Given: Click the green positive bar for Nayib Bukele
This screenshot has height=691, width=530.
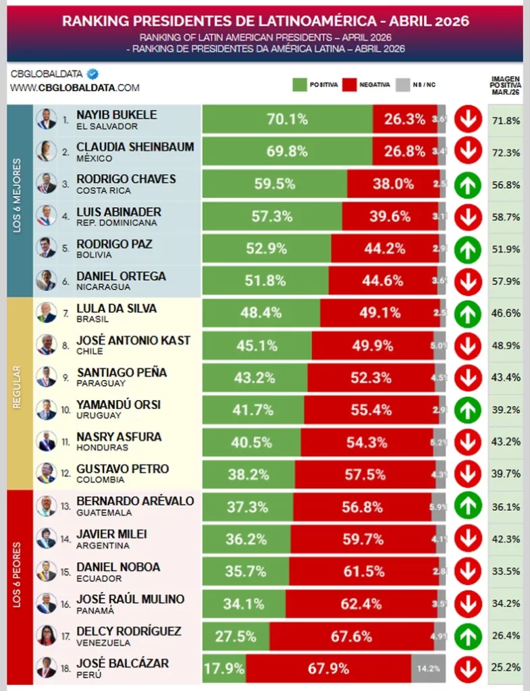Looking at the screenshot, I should [x=287, y=119].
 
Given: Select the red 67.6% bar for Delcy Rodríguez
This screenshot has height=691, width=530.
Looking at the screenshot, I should [x=351, y=636].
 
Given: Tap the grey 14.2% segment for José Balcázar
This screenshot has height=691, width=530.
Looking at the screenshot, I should [x=428, y=669].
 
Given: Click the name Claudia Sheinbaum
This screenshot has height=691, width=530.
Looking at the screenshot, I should [x=135, y=146].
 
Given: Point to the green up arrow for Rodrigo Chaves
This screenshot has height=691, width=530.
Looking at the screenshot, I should [x=468, y=184].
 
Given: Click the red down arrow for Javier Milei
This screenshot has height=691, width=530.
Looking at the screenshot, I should [x=468, y=539].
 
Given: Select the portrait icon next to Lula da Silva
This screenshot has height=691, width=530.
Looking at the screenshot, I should [x=47, y=313].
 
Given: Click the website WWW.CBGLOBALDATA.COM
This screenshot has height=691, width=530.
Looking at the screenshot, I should [x=75, y=88].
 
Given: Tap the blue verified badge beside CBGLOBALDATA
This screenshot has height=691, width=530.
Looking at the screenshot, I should [x=94, y=74].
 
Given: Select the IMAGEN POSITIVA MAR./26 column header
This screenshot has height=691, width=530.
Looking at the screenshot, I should [x=506, y=85].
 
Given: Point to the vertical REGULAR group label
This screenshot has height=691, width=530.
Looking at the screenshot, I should [x=18, y=394].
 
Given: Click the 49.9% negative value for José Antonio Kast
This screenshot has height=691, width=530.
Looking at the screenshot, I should [x=372, y=345].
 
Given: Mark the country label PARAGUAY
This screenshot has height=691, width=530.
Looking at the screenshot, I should [x=101, y=383].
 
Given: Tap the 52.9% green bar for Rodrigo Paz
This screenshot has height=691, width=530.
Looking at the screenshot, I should [x=266, y=249].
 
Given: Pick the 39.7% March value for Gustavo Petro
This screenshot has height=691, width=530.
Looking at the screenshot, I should [x=506, y=475].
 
